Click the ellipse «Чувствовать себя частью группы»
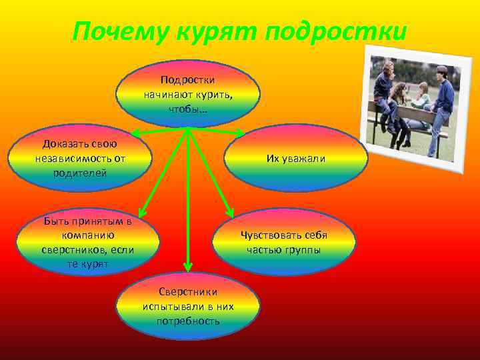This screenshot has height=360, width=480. coord(284,243)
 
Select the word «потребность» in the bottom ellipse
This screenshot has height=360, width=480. coord(188,321)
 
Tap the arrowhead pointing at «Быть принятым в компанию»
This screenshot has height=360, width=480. coord(144,213)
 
